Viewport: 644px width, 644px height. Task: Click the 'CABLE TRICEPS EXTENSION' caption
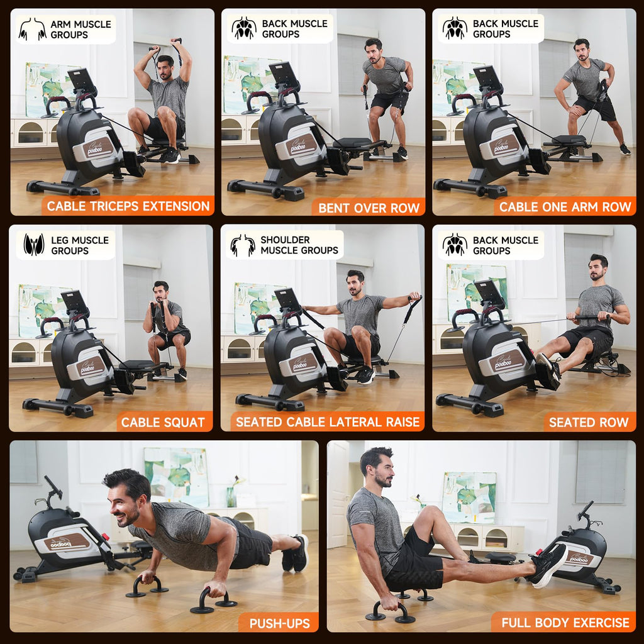pyautogui.click(x=128, y=206)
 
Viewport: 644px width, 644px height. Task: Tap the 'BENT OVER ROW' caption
pyautogui.click(x=369, y=208)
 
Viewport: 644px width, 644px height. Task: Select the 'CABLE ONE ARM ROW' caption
pyautogui.click(x=565, y=207)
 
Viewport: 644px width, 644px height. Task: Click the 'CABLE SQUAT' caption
pyautogui.click(x=163, y=422)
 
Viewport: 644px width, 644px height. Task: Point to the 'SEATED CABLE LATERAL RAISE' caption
pyautogui.click(x=327, y=422)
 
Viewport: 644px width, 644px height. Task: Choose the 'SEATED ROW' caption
pyautogui.click(x=589, y=423)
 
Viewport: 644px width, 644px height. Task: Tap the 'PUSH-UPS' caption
pyautogui.click(x=279, y=623)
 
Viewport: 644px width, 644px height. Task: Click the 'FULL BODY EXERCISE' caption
pyautogui.click(x=565, y=623)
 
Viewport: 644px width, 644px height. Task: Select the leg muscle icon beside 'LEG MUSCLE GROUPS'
pyautogui.click(x=34, y=245)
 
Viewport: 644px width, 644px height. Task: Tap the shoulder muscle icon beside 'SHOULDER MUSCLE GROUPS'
pyautogui.click(x=243, y=245)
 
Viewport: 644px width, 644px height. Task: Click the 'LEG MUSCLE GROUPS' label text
pyautogui.click(x=80, y=245)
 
